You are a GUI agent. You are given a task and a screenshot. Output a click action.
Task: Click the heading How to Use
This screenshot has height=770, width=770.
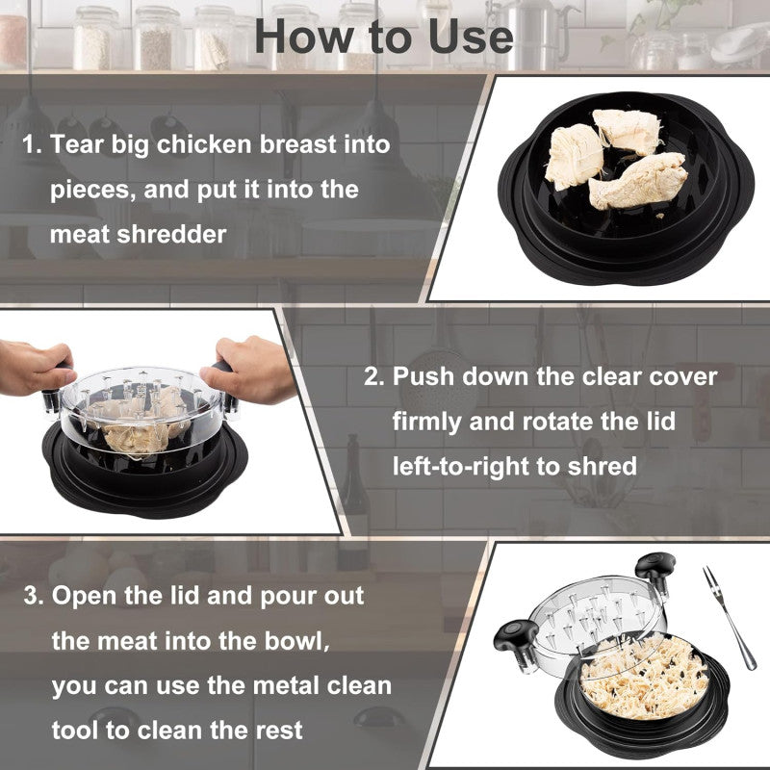[x=384, y=36]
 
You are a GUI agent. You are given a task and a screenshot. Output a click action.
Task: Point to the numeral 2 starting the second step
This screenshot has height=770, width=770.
[x=372, y=376]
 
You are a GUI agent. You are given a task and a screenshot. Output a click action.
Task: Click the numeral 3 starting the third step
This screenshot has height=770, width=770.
[x=33, y=596]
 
